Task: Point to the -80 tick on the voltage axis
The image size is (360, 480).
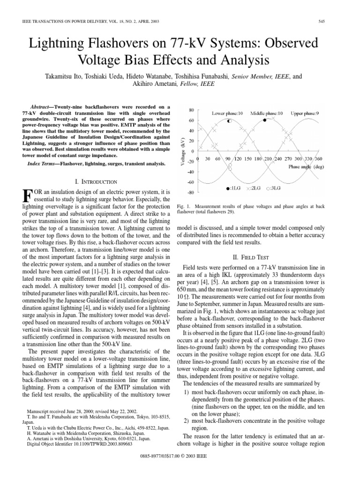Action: [191, 192]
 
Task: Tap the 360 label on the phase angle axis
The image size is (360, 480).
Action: [317, 159]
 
